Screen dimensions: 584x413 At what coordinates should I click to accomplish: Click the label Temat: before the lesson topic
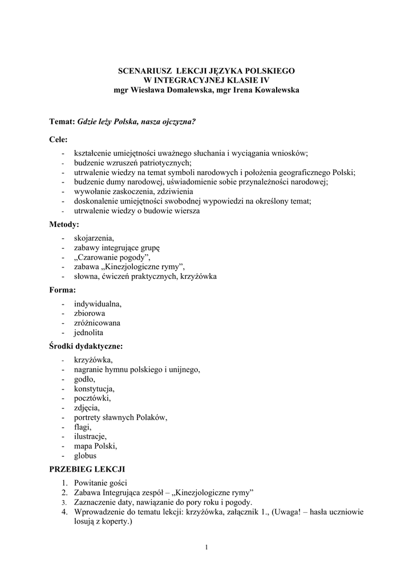pos(62,121)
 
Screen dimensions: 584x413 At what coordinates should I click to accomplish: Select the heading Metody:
pos(64,224)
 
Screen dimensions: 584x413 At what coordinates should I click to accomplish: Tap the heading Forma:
pos(62,290)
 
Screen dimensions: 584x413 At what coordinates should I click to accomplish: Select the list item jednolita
pos(89,332)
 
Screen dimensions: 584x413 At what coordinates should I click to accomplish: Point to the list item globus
pos(86,456)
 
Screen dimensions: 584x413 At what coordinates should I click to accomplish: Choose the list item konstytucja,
pos(94,388)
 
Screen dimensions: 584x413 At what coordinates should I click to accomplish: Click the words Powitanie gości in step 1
pos(96,482)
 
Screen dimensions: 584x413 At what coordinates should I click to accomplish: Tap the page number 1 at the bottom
pos(206,548)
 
